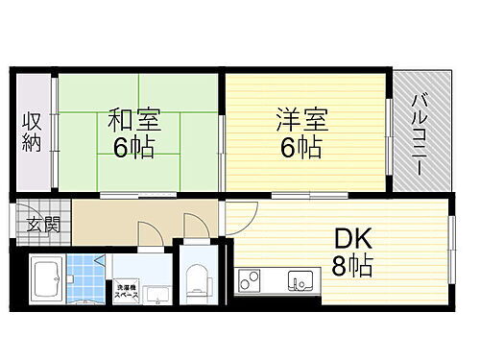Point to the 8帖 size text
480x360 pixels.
point(352,264)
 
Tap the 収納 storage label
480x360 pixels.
point(33,134)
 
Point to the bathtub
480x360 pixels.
point(45,281)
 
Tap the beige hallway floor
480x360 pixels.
point(125,219)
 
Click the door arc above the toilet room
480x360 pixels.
point(196,228)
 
